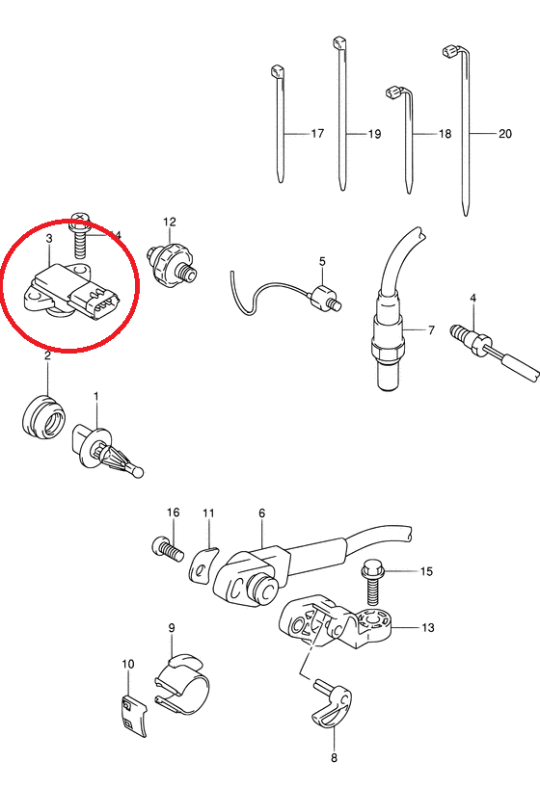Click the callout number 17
[x=317, y=134]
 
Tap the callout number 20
[x=504, y=134]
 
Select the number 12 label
[x=170, y=222]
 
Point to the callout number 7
[x=431, y=330]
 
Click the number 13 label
[x=427, y=627]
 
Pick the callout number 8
[x=334, y=757]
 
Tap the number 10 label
[x=128, y=664]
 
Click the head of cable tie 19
[x=339, y=42]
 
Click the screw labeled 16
[x=167, y=549]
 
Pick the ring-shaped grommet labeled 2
[x=44, y=418]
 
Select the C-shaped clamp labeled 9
[x=181, y=683]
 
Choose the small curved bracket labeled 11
[x=203, y=565]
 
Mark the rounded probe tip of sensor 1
[x=136, y=471]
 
